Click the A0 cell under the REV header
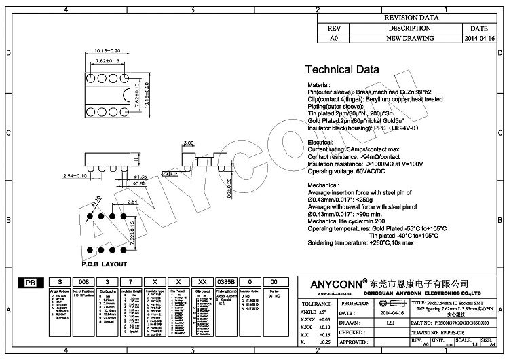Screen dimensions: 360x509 (333, 39)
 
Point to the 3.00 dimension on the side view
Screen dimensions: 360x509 (189, 143)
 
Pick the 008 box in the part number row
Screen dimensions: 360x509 (83, 281)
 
